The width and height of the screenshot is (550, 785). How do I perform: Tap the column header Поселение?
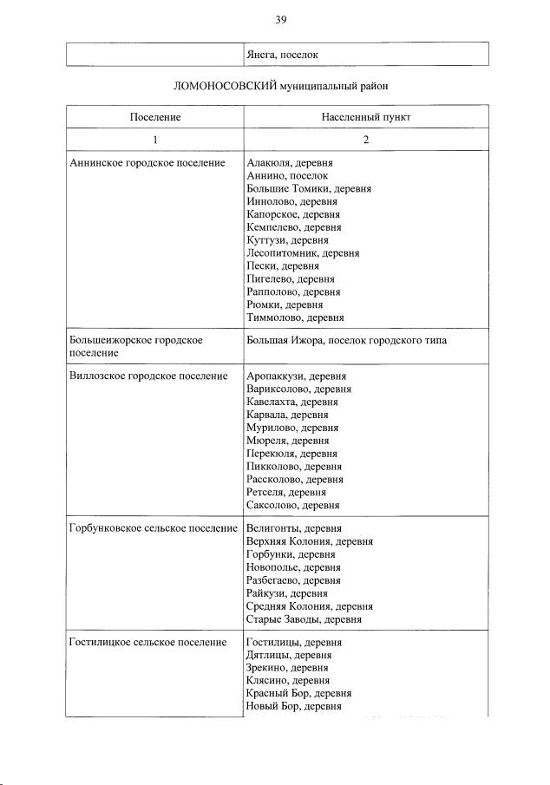pyautogui.click(x=155, y=116)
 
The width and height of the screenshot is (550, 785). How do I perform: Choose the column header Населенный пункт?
pyautogui.click(x=366, y=116)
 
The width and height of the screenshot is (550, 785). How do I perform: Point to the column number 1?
pyautogui.click(x=155, y=140)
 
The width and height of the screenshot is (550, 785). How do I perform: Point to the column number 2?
pyautogui.click(x=366, y=140)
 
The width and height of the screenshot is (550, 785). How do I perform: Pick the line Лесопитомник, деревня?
pyautogui.click(x=303, y=253)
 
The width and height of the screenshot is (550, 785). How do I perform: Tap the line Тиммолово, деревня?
pyautogui.click(x=295, y=318)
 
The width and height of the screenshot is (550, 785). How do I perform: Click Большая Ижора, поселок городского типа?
pyautogui.click(x=346, y=341)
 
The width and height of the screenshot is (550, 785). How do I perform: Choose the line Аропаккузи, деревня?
pyautogui.click(x=296, y=376)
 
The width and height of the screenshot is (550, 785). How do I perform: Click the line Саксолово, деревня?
pyautogui.click(x=293, y=505)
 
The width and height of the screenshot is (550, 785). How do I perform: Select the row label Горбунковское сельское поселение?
pyautogui.click(x=153, y=528)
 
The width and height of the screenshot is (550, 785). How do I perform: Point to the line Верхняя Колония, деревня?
pyautogui.click(x=310, y=541)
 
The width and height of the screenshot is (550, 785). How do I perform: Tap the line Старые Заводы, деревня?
pyautogui.click(x=304, y=619)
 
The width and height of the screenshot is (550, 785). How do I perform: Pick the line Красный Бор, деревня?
pyautogui.click(x=298, y=694)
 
